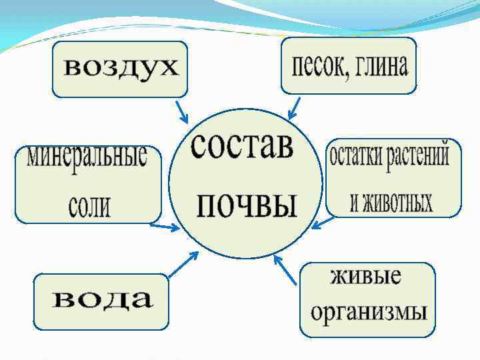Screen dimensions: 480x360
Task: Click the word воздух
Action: tap(121, 68)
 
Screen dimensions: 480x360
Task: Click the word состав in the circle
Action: tap(241, 146)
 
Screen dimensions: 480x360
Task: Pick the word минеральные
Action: tap(87, 158)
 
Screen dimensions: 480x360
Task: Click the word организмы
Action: tap(369, 311)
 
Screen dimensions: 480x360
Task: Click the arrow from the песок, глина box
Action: tap(293, 107)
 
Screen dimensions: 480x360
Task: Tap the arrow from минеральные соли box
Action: tap(164, 227)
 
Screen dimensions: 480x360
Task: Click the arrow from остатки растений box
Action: tap(324, 222)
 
